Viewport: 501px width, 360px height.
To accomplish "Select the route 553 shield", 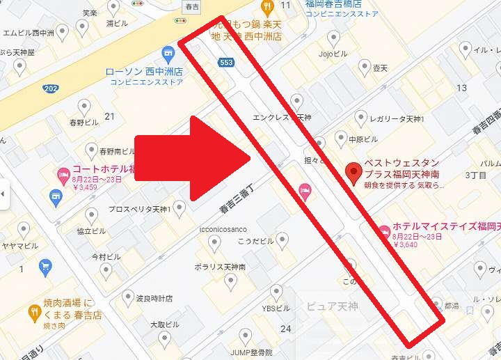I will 226,63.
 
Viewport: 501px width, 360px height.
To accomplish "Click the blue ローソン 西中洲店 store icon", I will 167,53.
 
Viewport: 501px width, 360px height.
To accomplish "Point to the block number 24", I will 285,328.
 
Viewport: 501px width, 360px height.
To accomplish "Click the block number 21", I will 109,116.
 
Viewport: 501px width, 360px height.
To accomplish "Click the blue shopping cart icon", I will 45,265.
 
